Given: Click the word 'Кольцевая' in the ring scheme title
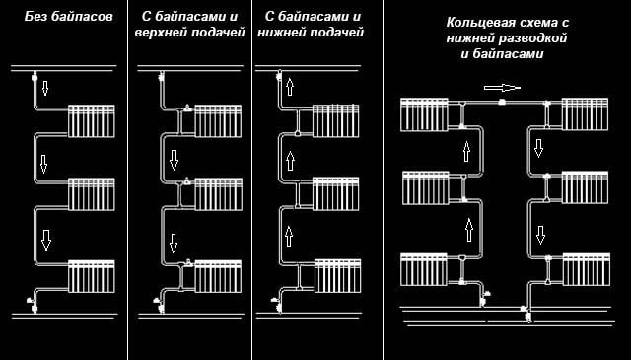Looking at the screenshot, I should point(453,21).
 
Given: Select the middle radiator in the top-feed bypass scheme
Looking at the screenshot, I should point(218,192).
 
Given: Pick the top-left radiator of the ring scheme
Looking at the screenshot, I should point(424,112).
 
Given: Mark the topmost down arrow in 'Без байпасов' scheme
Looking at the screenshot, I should point(45,89).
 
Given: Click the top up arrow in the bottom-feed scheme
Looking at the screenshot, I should point(290,86).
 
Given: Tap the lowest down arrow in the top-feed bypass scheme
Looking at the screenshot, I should point(174,242).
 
